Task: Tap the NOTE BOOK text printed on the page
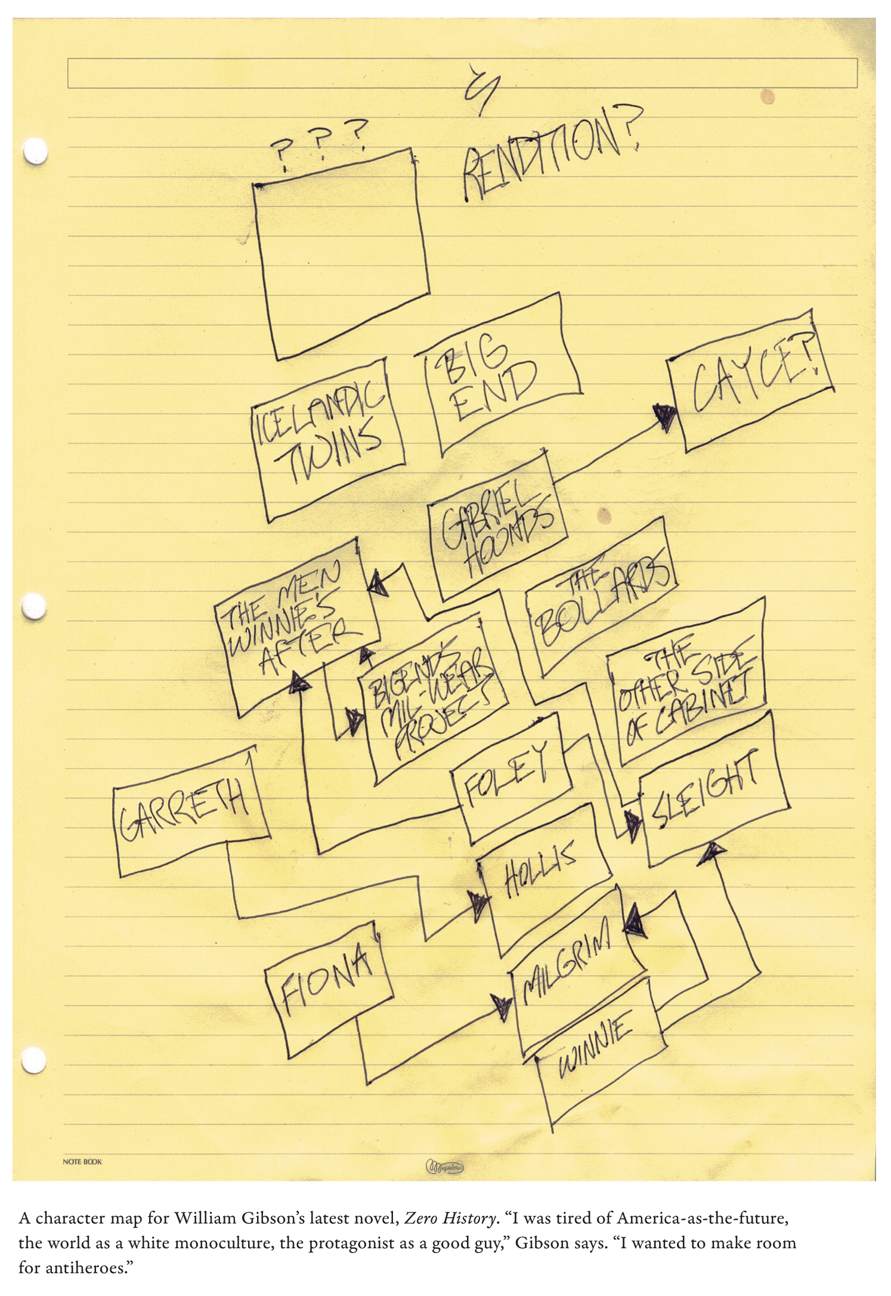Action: point(82,1162)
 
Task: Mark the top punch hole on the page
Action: point(34,152)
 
